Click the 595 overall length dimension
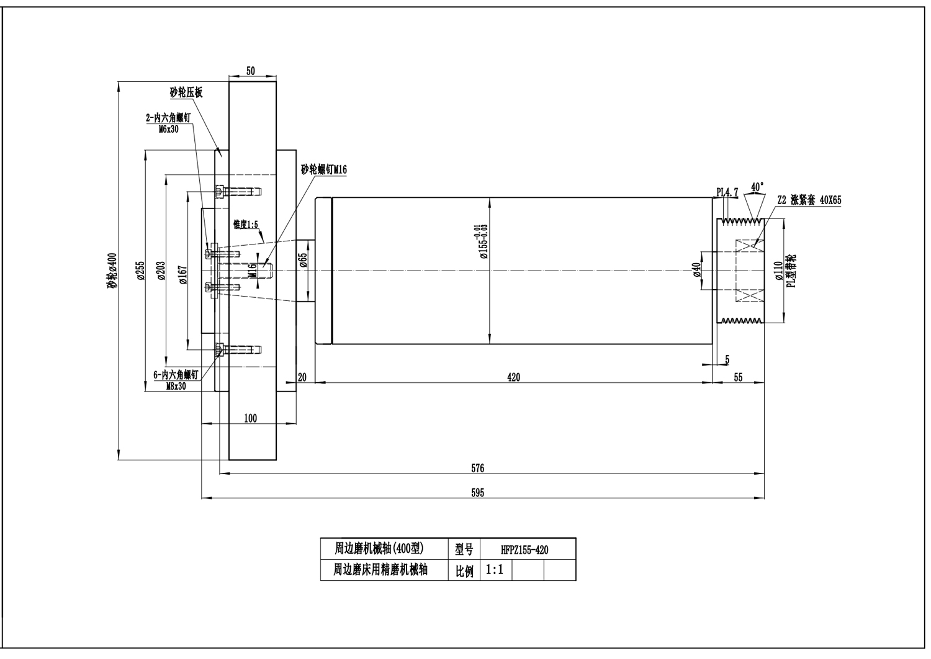tap(477, 493)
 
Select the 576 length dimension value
tap(477, 468)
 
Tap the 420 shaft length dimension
tap(513, 377)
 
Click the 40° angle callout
tap(757, 186)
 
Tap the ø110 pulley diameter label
tap(779, 271)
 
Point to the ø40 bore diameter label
tap(696, 271)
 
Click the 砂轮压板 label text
tap(186, 93)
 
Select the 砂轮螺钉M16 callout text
tap(323, 170)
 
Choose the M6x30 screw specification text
tap(169, 129)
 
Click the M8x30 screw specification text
tap(176, 385)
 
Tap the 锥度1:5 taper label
tap(245, 224)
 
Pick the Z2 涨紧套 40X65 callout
tap(809, 200)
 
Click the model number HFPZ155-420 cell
tap(524, 550)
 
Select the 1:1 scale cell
tap(495, 570)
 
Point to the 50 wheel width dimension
tap(250, 71)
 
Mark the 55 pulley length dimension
tap(738, 377)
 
